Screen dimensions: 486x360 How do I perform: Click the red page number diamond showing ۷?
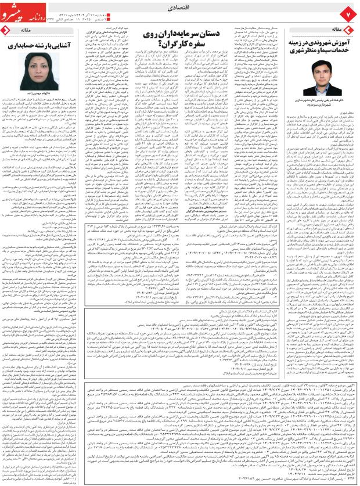coord(348,12)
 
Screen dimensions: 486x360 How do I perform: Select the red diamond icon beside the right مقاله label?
coord(348,28)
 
